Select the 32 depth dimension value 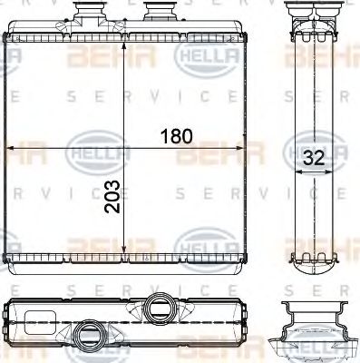pos(314,156)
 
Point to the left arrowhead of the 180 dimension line pos(11,148)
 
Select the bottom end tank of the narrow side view pos(314,263)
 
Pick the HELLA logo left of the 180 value pos(91,145)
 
